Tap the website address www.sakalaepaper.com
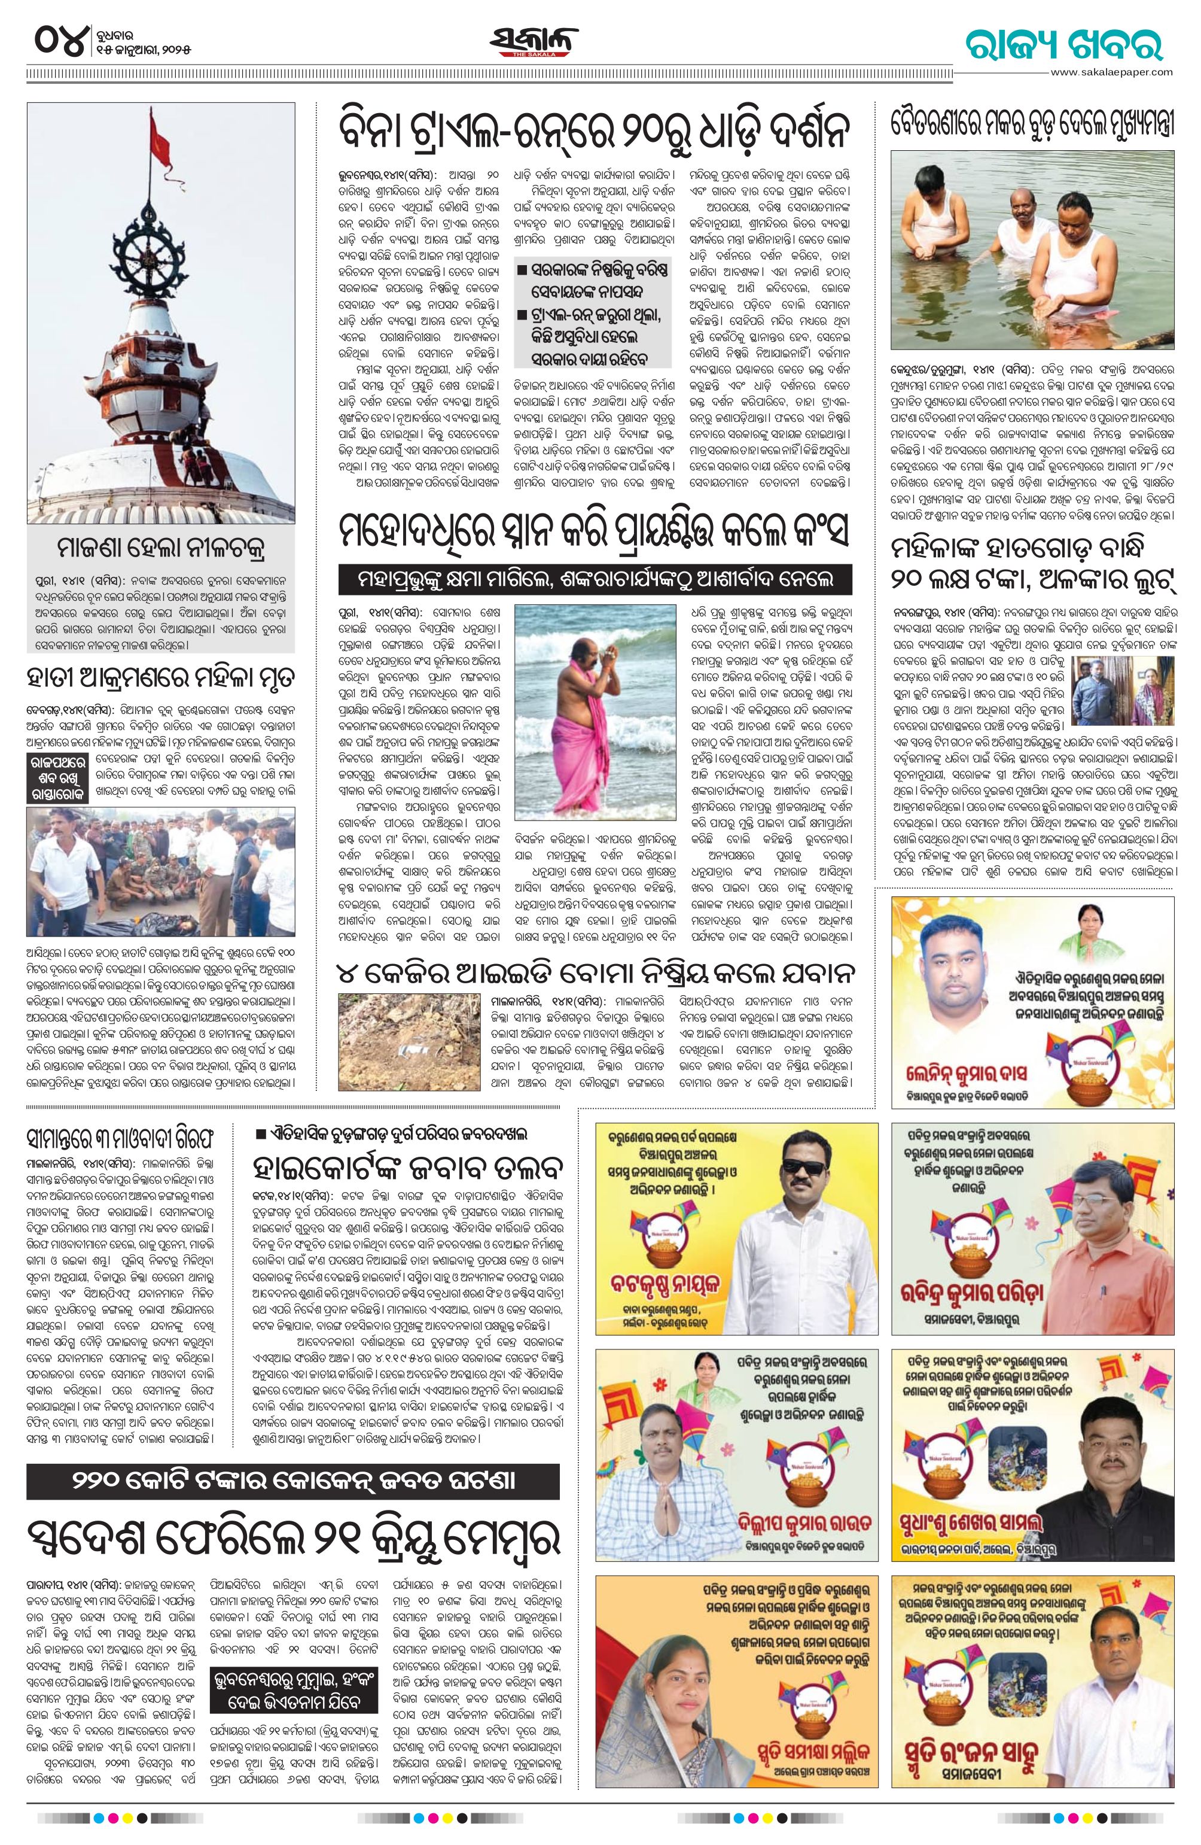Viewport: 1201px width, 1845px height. pyautogui.click(x=1110, y=71)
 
